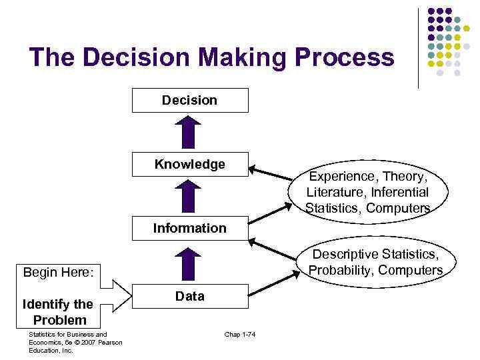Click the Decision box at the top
coord(190,101)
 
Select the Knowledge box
coord(190,165)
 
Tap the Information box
coord(190,228)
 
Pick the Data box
coord(190,296)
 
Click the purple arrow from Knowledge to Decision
coord(190,132)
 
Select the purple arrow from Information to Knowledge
coord(190,197)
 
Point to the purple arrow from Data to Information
coord(190,263)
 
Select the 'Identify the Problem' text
coord(58,312)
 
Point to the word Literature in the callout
coord(335,192)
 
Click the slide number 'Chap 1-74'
coord(240,334)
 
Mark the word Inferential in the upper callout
coord(399,192)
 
